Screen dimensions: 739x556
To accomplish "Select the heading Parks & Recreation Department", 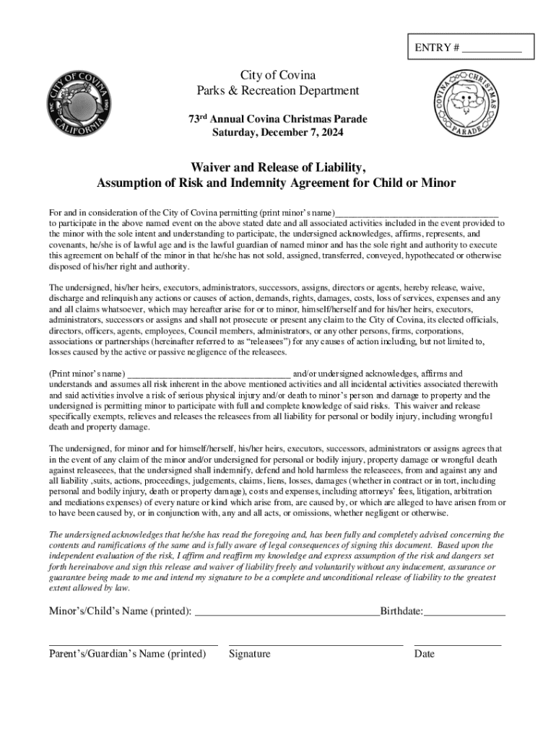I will [277, 91].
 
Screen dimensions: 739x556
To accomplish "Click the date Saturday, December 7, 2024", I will [277, 133].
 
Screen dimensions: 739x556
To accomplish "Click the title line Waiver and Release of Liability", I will [277, 167].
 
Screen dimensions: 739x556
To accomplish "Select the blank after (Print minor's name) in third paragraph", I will [209, 375].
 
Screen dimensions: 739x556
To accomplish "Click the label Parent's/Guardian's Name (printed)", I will [127, 654].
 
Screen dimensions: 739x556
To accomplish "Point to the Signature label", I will [249, 654].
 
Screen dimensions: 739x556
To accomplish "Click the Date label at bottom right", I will [425, 654].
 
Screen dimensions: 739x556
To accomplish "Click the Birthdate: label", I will [401, 611].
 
